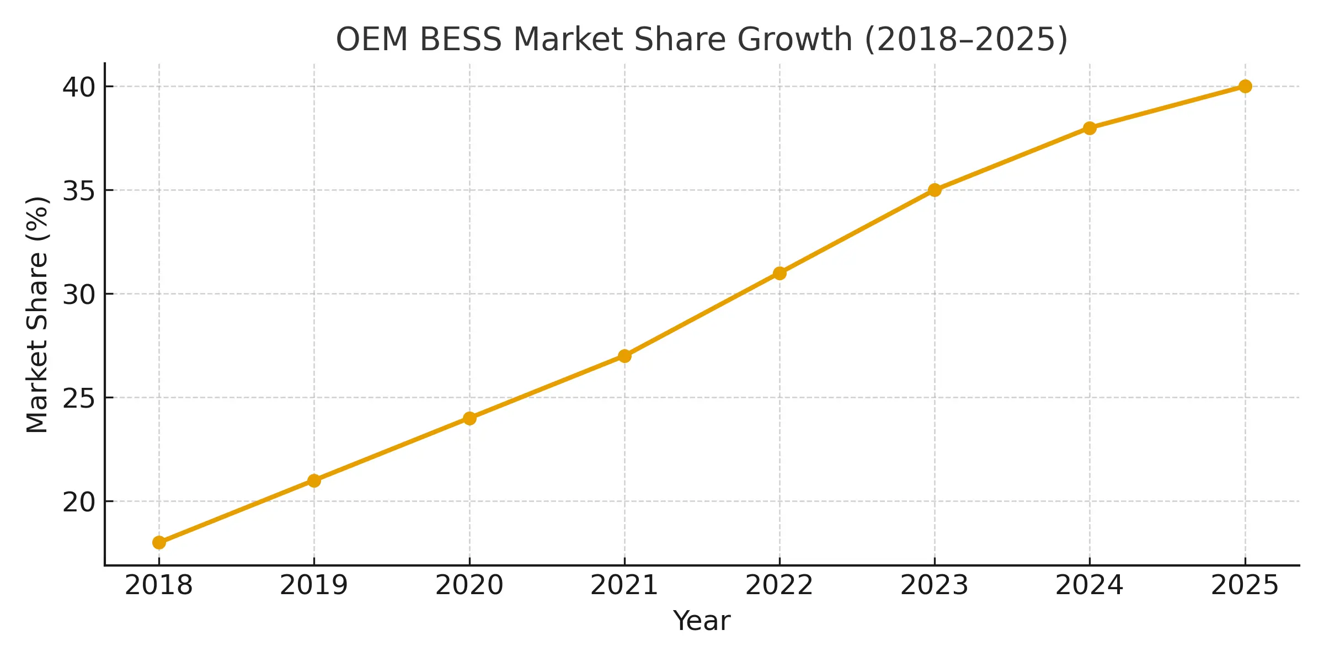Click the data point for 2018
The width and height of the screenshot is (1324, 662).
pyautogui.click(x=159, y=543)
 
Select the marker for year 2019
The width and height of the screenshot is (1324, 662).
pyautogui.click(x=314, y=481)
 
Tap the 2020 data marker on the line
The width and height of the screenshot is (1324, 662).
pyautogui.click(x=469, y=418)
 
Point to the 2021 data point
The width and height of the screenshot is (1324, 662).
pyautogui.click(x=624, y=356)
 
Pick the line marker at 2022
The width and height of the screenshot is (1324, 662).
pyautogui.click(x=780, y=273)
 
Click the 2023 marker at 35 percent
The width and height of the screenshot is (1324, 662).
pyautogui.click(x=935, y=190)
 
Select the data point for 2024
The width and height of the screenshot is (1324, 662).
pyautogui.click(x=1090, y=128)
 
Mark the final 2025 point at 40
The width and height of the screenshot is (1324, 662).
pyautogui.click(x=1245, y=86)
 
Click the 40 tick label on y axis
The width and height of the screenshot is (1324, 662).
pyautogui.click(x=79, y=87)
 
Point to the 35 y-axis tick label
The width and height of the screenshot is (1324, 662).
pyautogui.click(x=79, y=191)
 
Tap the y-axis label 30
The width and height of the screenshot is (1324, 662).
pyautogui.click(x=79, y=295)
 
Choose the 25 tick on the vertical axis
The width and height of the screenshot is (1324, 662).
pyautogui.click(x=79, y=398)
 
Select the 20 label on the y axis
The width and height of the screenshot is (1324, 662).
pyautogui.click(x=79, y=502)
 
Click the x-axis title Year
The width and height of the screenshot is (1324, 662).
pyautogui.click(x=702, y=621)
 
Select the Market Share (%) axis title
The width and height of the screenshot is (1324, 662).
pyautogui.click(x=38, y=314)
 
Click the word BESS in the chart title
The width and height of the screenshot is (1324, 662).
pyautogui.click(x=461, y=40)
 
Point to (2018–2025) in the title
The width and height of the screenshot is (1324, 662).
pyautogui.click(x=966, y=40)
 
